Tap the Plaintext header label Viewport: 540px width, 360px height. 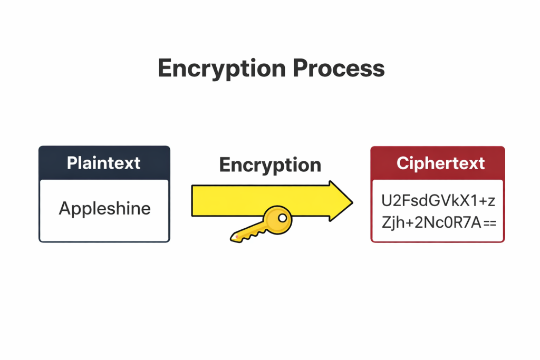104,163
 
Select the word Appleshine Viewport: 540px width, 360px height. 104,209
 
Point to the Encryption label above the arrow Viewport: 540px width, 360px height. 270,165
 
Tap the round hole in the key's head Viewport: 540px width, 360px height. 283,217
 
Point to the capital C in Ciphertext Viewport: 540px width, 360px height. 403,163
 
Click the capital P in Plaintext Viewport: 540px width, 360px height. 72,163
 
